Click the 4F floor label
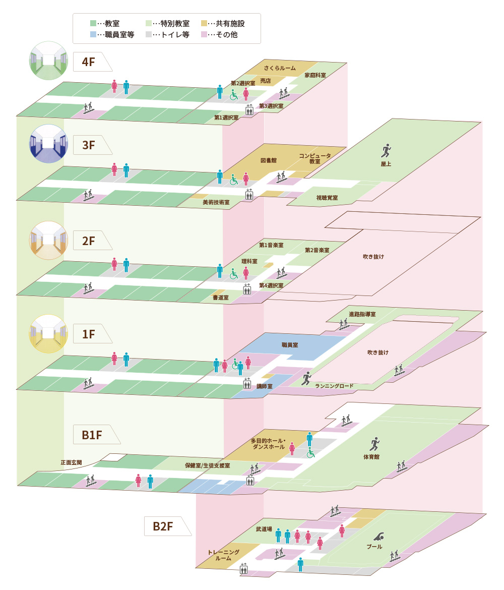pyautogui.click(x=89, y=62)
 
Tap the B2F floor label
pyautogui.click(x=163, y=526)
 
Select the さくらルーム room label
pyautogui.click(x=280, y=68)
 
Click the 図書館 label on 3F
pyautogui.click(x=268, y=160)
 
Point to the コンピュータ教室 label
pyautogui.click(x=315, y=158)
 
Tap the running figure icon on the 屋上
pyautogui.click(x=386, y=150)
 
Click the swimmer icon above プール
pyautogui.click(x=380, y=536)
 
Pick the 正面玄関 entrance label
pyautogui.click(x=71, y=461)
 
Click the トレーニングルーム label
pyautogui.click(x=223, y=555)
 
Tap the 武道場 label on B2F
pyautogui.click(x=264, y=529)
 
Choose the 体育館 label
pyautogui.click(x=371, y=457)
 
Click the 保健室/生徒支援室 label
pyautogui.click(x=208, y=465)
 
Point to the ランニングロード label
pyautogui.click(x=334, y=386)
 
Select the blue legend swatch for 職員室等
pyautogui.click(x=93, y=35)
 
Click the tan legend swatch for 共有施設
pyautogui.click(x=204, y=23)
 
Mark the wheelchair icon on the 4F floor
pyautogui.click(x=234, y=95)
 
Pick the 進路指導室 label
pyautogui.click(x=362, y=314)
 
